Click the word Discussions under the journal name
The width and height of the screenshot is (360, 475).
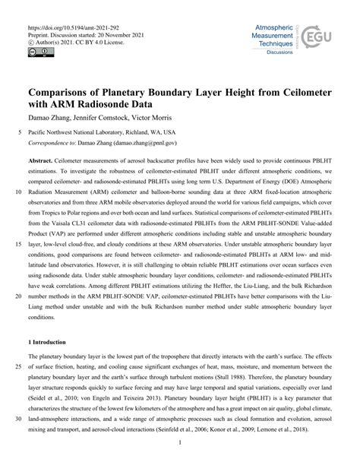[x=267, y=53]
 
